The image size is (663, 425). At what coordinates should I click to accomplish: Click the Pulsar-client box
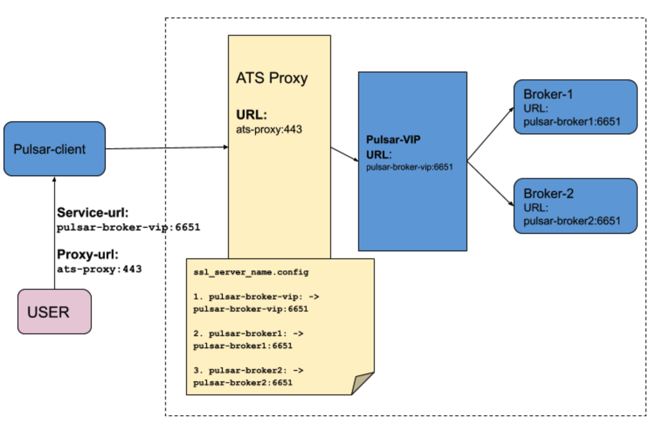tap(54, 149)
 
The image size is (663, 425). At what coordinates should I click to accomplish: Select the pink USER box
tap(54, 312)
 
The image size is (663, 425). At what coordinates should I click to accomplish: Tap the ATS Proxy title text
tap(272, 78)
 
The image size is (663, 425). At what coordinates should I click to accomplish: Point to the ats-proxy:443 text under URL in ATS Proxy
tap(269, 130)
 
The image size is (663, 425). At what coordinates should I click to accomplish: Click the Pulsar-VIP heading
tap(393, 140)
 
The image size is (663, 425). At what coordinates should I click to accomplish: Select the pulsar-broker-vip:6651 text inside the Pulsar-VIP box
tap(409, 167)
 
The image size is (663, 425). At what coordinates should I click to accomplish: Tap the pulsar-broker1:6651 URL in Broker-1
tap(571, 122)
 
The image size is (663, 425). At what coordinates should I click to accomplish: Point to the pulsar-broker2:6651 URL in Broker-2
tap(571, 221)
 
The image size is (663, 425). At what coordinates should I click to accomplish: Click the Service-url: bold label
tap(93, 213)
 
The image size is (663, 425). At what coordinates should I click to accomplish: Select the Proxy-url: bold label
tap(87, 254)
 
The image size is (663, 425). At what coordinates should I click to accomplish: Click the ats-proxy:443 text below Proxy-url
tap(99, 269)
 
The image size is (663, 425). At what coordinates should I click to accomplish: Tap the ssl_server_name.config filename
tap(251, 272)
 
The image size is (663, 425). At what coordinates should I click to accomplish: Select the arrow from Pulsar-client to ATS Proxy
tap(166, 148)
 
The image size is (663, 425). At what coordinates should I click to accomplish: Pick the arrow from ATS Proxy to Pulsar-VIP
tap(344, 154)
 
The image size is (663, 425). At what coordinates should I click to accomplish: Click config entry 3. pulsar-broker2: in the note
tap(248, 370)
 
